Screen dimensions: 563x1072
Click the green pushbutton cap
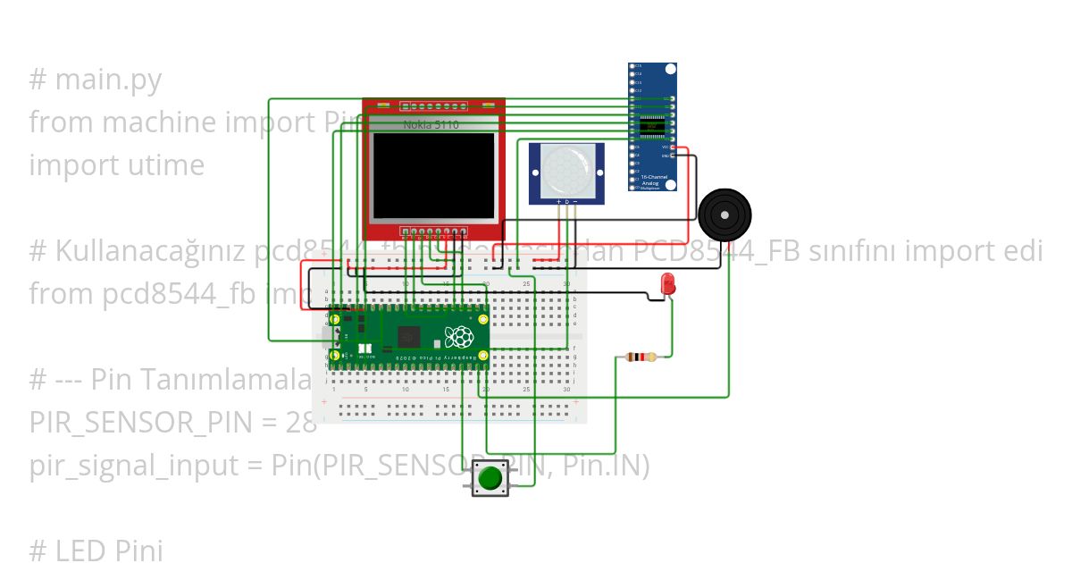point(490,478)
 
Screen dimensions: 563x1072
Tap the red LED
point(667,285)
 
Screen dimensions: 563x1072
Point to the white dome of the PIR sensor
point(565,169)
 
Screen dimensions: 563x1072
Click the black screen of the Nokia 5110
point(434,173)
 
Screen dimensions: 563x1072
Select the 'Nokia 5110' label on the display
point(431,125)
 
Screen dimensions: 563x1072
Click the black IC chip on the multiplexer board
point(652,125)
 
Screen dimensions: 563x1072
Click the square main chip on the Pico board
point(409,336)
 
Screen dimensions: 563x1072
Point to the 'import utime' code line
point(117,165)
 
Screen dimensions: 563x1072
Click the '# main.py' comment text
point(96,80)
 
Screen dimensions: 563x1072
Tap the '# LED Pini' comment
point(96,550)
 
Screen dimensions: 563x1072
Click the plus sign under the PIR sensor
point(559,203)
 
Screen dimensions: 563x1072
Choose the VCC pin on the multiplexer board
point(672,147)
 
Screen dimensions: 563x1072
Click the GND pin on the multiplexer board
point(672,155)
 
